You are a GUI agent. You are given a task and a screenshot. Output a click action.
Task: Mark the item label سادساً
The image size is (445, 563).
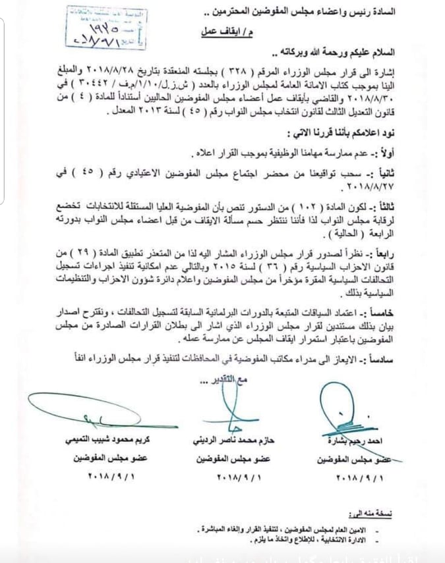point(402,356)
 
